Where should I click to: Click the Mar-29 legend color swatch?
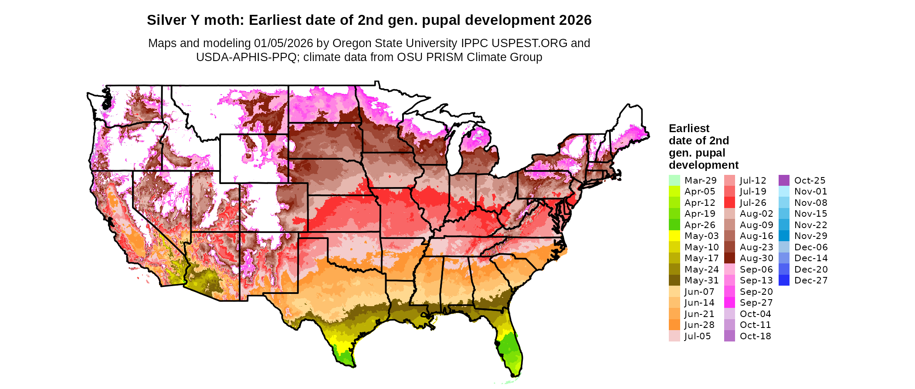coord(674,180)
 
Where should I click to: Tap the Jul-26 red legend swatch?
coord(729,202)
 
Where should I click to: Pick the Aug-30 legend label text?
coord(756,258)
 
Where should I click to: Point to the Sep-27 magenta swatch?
coord(729,303)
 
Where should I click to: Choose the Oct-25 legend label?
coord(810,180)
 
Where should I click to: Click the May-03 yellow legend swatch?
coord(674,236)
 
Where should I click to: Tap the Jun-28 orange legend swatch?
coord(674,325)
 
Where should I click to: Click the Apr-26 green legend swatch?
coord(674,225)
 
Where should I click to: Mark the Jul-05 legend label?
coord(698,336)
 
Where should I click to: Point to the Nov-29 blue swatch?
coord(784,236)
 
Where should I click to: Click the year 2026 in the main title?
coord(575,20)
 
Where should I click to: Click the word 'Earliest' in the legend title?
coord(689,128)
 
